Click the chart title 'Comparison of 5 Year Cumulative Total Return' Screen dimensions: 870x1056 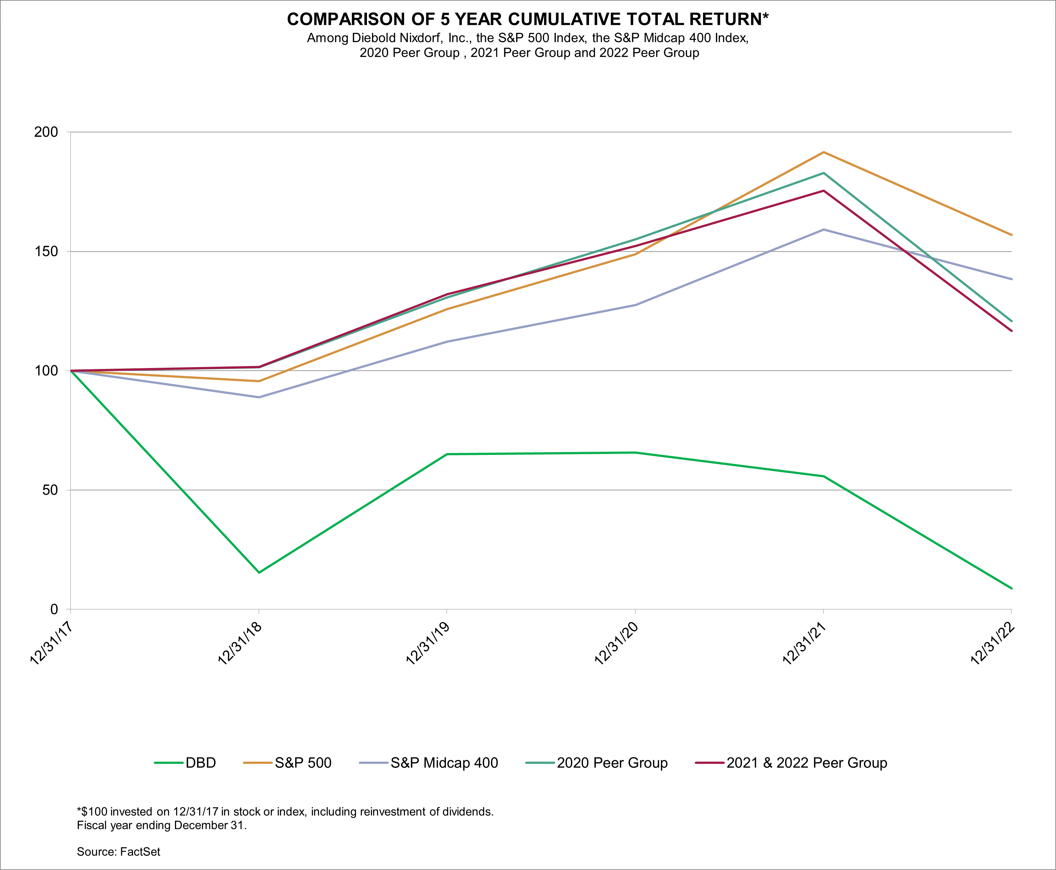point(527,19)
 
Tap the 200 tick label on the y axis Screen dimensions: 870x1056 point(46,132)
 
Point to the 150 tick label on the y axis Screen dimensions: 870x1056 point(46,251)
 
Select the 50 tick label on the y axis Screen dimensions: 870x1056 point(50,490)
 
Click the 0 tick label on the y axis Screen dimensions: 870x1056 point(54,609)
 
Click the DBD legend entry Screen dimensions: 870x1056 point(201,763)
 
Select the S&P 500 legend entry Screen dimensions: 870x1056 point(303,763)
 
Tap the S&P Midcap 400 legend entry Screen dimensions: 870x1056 point(444,763)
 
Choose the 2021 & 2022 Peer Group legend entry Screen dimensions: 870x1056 point(807,763)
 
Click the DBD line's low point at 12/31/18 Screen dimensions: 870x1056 point(259,572)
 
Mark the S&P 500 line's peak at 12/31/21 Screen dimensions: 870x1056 point(824,152)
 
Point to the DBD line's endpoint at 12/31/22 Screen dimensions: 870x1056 point(1011,588)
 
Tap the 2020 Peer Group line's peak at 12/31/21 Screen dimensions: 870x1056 point(824,173)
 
